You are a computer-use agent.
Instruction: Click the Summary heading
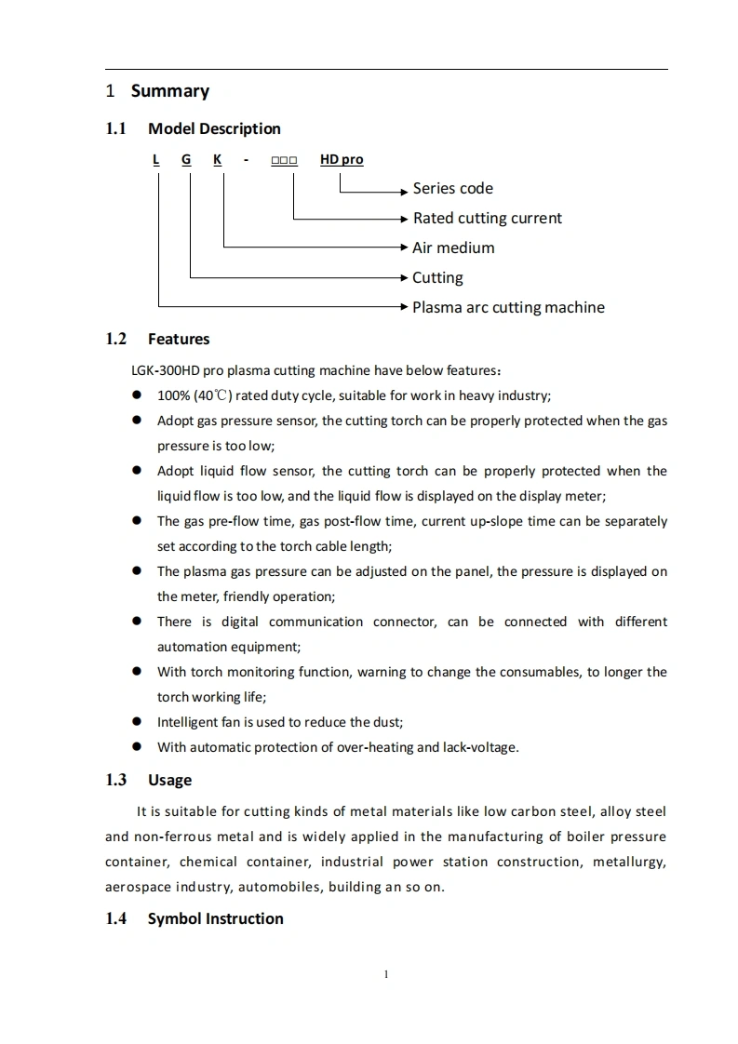(169, 91)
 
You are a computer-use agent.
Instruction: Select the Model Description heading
(214, 128)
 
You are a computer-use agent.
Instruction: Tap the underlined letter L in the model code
(156, 159)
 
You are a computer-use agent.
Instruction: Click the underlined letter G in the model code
(186, 159)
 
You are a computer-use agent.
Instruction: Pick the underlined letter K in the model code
(218, 159)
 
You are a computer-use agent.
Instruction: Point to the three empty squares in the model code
(284, 160)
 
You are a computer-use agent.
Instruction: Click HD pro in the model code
(342, 159)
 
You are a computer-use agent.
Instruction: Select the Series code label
(452, 188)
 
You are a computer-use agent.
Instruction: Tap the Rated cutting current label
(487, 218)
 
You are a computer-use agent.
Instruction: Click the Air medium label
(453, 248)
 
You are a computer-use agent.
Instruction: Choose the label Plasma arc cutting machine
(508, 307)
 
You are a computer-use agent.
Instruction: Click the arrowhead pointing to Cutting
(404, 277)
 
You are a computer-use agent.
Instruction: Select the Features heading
(179, 339)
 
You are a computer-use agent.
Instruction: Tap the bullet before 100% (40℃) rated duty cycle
(136, 395)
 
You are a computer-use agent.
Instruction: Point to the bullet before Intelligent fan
(136, 721)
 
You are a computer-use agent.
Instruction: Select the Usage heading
(169, 780)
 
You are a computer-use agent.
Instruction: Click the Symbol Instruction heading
(215, 918)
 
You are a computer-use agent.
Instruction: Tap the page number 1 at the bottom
(385, 974)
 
